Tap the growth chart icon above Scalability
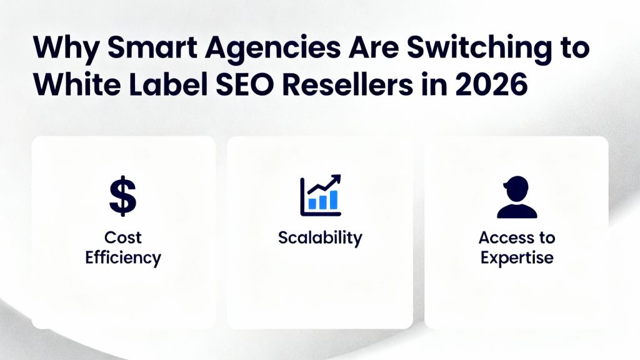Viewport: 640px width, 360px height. (320, 195)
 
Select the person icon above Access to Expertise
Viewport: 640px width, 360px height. (516, 197)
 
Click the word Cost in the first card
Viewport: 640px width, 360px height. (123, 237)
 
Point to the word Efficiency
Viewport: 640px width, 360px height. (123, 257)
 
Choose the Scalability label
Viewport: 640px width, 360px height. (320, 237)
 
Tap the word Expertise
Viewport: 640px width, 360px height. (517, 257)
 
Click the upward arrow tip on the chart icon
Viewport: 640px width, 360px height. (337, 177)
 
